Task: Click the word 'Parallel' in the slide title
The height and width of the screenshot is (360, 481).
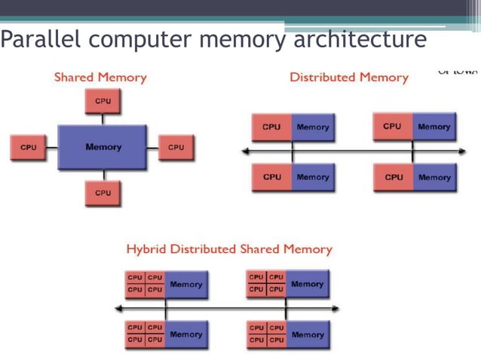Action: click(x=35, y=38)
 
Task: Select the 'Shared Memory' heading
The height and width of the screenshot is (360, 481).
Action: click(x=100, y=77)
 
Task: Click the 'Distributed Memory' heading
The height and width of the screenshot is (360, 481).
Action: click(x=349, y=77)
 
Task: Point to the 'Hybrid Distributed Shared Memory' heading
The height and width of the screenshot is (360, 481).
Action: click(x=228, y=249)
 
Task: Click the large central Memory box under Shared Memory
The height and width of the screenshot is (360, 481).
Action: click(x=103, y=147)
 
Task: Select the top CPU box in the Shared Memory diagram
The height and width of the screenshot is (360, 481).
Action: click(x=103, y=101)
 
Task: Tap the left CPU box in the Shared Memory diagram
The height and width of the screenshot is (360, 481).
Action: click(x=29, y=148)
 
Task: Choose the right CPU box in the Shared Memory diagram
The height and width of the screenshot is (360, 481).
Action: click(x=176, y=148)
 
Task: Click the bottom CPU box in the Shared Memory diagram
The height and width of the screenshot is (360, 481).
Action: click(x=103, y=194)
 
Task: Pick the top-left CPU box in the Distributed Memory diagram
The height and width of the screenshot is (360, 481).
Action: click(x=271, y=127)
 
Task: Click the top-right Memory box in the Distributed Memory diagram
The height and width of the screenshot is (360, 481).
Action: click(x=434, y=127)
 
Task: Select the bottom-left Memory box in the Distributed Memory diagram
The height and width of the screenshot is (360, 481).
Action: click(x=313, y=178)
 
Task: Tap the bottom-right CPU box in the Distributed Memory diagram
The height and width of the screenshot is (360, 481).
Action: click(x=394, y=178)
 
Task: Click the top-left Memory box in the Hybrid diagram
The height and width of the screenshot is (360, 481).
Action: click(x=186, y=285)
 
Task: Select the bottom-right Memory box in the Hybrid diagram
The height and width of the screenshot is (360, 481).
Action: click(x=308, y=334)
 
